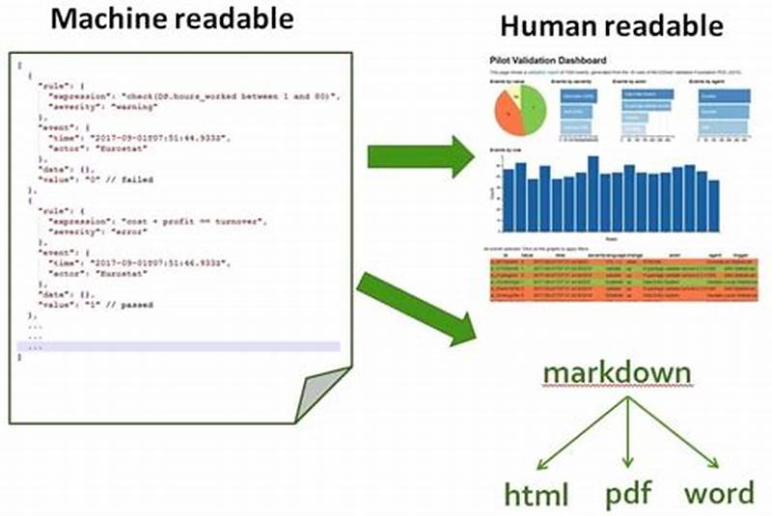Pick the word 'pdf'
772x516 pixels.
click(x=628, y=494)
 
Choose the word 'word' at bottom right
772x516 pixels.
click(x=718, y=494)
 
